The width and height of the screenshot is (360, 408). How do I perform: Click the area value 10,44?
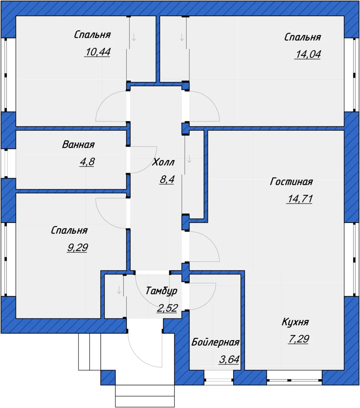(97, 52)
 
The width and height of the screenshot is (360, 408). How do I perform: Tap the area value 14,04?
(308, 54)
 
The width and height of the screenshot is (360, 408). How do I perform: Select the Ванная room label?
(78, 144)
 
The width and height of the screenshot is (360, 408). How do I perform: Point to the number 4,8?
(87, 162)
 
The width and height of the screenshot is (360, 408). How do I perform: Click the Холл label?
(163, 162)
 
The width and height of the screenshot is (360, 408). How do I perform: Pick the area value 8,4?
(167, 179)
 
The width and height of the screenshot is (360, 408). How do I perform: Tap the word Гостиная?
(291, 181)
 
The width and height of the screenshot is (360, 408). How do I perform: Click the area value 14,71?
(300, 199)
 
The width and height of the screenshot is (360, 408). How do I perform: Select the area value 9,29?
(77, 247)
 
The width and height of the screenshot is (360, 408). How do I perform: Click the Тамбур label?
(162, 291)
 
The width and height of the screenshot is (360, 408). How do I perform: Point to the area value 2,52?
(167, 308)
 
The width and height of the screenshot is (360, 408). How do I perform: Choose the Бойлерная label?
(215, 342)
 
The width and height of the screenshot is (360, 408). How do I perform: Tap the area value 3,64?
(229, 360)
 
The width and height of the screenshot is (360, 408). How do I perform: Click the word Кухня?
(295, 322)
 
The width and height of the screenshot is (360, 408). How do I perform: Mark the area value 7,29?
(298, 339)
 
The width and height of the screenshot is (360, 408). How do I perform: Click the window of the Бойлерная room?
(218, 377)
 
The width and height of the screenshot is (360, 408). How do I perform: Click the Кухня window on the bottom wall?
(294, 377)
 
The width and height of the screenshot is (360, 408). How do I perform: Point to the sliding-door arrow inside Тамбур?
(119, 290)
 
